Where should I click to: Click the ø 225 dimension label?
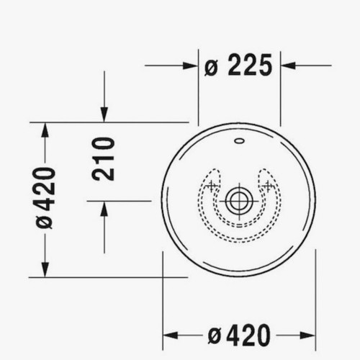(238, 66)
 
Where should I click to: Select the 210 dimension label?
(104, 158)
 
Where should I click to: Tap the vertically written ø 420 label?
(45, 197)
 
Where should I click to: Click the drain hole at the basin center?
(239, 200)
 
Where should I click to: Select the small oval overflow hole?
(239, 140)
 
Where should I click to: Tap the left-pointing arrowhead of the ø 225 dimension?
(288, 66)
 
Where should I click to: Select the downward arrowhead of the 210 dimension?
(104, 115)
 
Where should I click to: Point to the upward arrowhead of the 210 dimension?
(104, 208)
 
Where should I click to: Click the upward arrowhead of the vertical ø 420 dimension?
(45, 130)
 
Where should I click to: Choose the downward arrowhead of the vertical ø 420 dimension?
(45, 269)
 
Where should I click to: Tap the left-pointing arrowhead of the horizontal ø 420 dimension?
(170, 335)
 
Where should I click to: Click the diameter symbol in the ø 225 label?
(211, 67)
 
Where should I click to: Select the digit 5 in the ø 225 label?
(264, 66)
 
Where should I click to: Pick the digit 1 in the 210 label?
(104, 158)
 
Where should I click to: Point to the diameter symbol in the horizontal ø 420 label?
(213, 336)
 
